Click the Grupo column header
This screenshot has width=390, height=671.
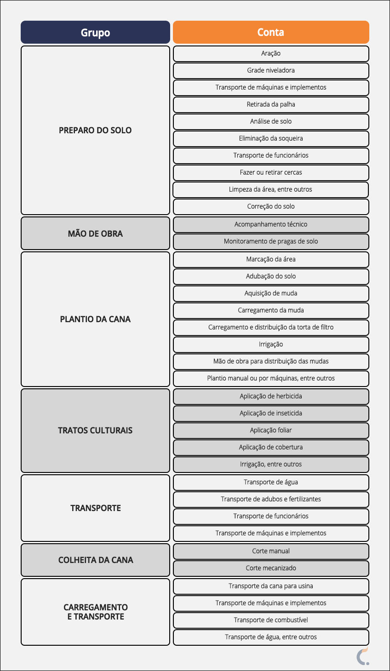(x=95, y=33)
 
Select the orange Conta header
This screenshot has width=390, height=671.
(x=271, y=32)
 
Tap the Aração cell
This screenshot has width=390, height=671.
(x=271, y=53)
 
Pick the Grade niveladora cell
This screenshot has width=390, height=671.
(x=271, y=70)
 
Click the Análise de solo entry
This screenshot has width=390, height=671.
(x=271, y=121)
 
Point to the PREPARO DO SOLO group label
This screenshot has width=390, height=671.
(x=95, y=130)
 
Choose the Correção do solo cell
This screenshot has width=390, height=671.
(x=271, y=206)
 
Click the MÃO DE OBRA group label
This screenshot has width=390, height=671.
(x=95, y=233)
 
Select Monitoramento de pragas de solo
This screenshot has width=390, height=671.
(x=271, y=241)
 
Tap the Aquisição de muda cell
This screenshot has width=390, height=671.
(x=271, y=293)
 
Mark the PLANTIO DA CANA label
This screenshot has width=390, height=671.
(x=95, y=319)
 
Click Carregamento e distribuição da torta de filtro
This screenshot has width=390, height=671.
(x=271, y=327)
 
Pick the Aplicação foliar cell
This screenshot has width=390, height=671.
(x=271, y=430)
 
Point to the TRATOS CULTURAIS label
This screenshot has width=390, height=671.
(x=95, y=430)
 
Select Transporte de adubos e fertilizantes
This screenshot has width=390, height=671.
(x=271, y=499)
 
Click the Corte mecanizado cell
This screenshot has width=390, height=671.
(x=271, y=568)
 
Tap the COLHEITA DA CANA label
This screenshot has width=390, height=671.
(x=95, y=560)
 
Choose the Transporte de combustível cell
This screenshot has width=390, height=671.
(x=271, y=620)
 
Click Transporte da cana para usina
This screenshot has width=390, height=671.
(x=271, y=586)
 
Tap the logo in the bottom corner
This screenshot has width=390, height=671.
(x=363, y=656)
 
